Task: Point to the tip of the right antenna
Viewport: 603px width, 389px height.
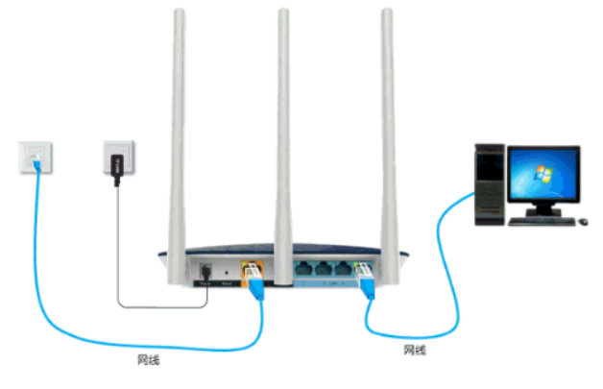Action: (387, 13)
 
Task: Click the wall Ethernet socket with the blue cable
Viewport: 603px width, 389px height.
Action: (35, 155)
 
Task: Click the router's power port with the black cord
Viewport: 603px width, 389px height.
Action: (205, 272)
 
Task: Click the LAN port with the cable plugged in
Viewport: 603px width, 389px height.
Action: (367, 273)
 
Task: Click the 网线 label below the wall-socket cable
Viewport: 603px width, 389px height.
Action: (148, 361)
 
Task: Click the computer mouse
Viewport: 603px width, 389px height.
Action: (583, 221)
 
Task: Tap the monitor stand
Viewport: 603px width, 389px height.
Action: (543, 209)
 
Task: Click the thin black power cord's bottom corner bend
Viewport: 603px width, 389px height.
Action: (119, 307)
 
